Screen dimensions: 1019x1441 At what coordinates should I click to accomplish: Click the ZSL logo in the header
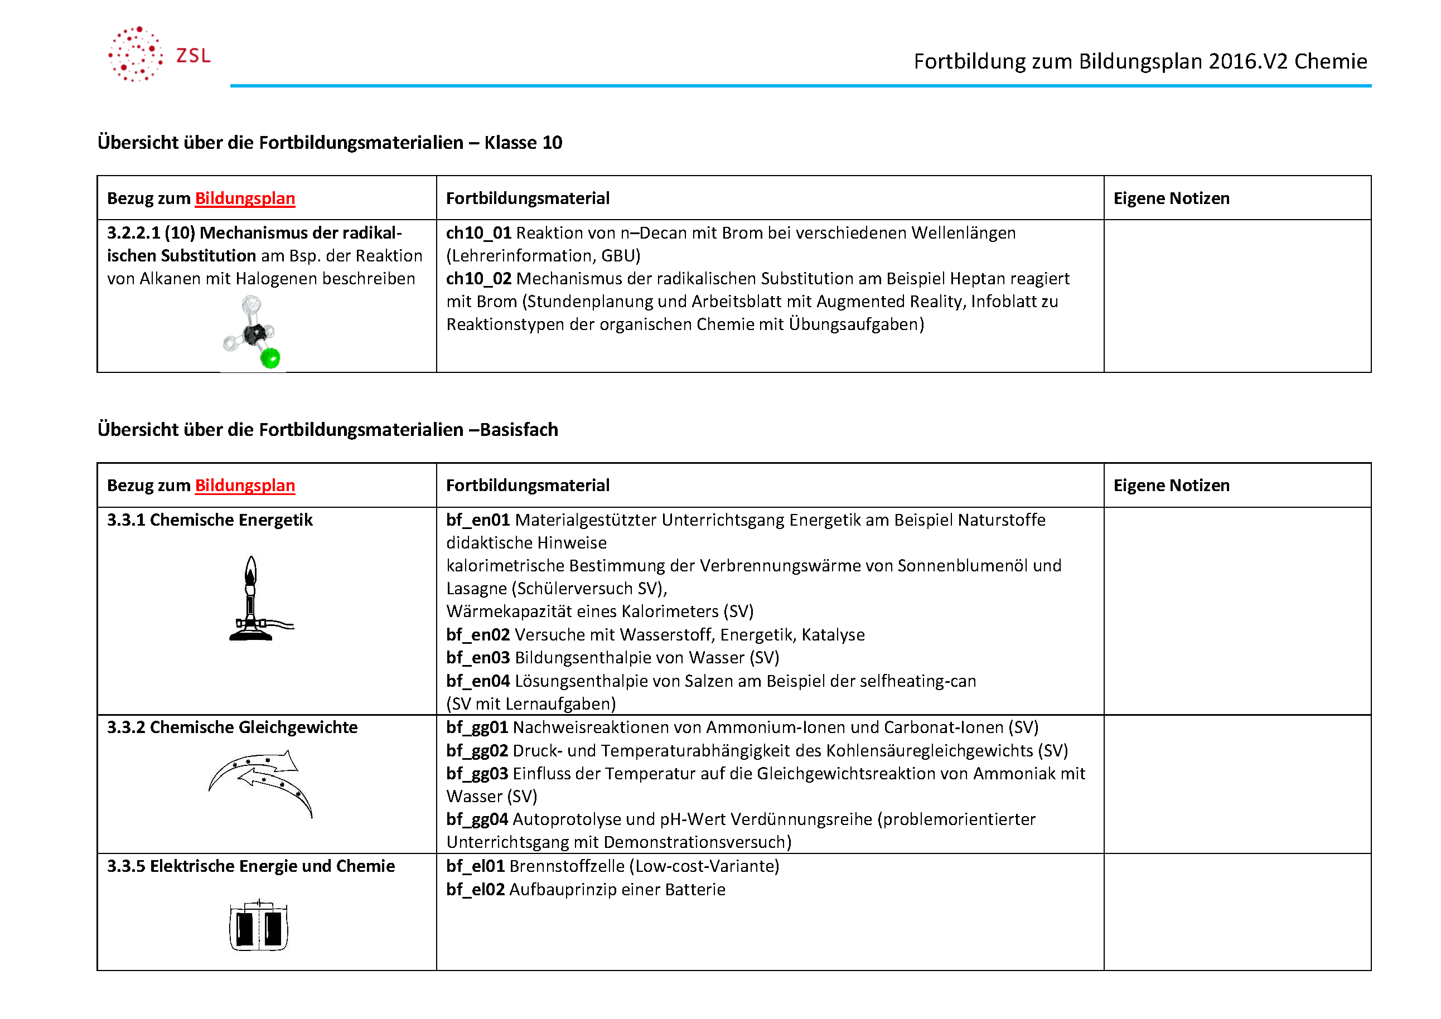158,55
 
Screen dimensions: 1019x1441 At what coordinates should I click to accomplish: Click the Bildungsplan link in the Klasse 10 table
245,198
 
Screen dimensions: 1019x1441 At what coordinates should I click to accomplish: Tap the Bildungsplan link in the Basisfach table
245,485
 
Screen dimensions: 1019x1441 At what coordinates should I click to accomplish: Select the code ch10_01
478,233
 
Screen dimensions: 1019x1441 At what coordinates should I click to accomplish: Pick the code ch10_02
478,279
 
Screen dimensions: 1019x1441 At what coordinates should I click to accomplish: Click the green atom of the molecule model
270,358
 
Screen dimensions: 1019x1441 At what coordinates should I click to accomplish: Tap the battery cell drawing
259,925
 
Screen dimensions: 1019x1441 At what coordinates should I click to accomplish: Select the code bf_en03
477,658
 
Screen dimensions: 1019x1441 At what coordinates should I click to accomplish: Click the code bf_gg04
477,819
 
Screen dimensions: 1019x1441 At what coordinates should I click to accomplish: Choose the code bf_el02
475,890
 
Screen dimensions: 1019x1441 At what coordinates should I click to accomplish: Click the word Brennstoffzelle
567,866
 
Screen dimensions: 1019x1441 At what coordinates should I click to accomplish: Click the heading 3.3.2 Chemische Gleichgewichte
232,727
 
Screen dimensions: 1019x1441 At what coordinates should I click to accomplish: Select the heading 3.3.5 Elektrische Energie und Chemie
251,866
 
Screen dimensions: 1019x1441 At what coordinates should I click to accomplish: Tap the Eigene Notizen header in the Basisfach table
1171,485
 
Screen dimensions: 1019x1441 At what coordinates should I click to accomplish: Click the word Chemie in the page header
1331,61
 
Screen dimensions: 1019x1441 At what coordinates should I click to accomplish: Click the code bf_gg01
477,728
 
